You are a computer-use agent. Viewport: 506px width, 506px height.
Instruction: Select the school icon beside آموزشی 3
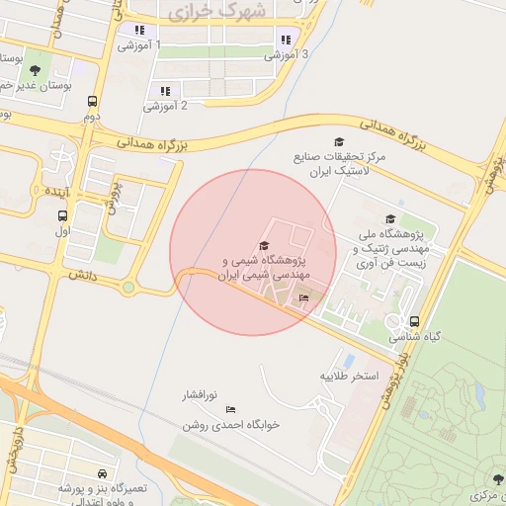pos(286,40)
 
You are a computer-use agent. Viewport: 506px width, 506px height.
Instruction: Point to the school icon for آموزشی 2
pos(165,91)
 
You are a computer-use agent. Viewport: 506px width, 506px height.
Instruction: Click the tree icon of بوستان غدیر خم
pos(36,69)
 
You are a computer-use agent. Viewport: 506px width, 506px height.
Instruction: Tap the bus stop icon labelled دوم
pos(92,101)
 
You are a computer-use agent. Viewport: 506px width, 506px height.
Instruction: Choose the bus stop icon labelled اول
pos(63,216)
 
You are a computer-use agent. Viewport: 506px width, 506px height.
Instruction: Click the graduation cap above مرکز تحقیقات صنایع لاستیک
pos(339,142)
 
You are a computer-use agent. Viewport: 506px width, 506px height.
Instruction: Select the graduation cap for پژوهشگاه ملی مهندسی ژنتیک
pos(390,219)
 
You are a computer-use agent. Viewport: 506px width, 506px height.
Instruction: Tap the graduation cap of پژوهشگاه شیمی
pos(263,246)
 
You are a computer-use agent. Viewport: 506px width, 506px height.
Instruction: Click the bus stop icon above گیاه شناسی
pos(414,321)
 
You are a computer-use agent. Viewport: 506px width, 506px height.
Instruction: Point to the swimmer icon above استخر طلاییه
pos(349,361)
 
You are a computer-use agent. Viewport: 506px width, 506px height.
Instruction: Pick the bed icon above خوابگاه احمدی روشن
pos(231,409)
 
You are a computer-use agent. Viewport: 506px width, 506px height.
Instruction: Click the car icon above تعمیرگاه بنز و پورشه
pos(104,474)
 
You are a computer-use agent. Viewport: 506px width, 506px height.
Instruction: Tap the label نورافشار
pos(198,395)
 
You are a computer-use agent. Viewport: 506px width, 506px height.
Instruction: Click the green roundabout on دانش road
pos(127,288)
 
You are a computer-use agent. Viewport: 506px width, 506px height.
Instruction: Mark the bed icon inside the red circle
pos(303,297)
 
